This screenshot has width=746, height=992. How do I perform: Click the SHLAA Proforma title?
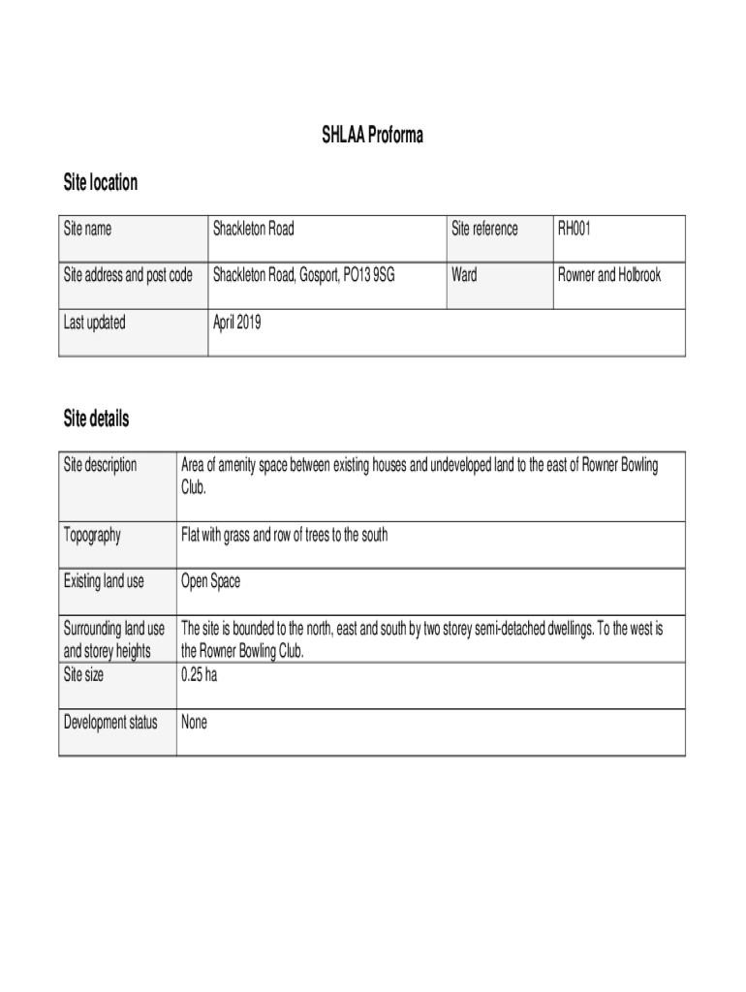tap(372, 137)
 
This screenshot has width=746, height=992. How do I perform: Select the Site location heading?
tap(101, 183)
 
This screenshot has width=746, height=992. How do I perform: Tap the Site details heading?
tap(96, 419)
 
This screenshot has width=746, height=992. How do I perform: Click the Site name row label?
tap(87, 230)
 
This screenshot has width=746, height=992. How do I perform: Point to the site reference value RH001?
tap(574, 230)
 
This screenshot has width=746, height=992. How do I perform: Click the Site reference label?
tap(484, 230)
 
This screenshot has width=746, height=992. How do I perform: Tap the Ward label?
tap(464, 276)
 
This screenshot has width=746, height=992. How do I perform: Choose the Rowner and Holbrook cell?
tap(609, 276)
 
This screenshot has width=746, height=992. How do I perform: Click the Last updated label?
tap(94, 323)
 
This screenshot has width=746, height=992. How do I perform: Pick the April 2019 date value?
tap(237, 323)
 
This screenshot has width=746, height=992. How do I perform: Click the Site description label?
tap(100, 465)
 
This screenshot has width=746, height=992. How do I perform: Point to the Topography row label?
tap(92, 535)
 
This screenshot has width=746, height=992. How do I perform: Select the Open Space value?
tap(211, 581)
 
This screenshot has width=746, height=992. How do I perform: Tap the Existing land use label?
tap(104, 581)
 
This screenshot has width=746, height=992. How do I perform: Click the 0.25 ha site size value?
tap(199, 675)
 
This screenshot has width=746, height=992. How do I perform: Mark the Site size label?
tap(83, 675)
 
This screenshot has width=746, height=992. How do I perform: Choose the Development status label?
tap(110, 722)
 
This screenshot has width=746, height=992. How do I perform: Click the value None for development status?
tap(194, 722)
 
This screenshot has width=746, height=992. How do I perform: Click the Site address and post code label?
tap(128, 276)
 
